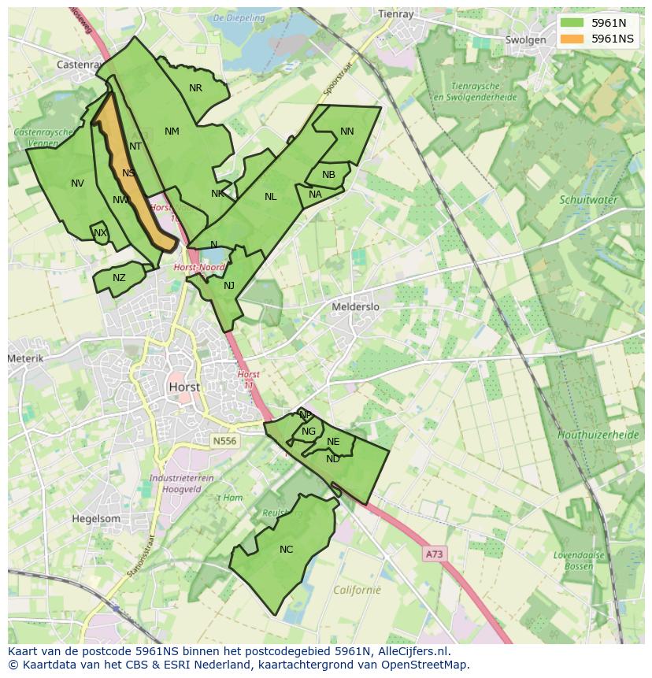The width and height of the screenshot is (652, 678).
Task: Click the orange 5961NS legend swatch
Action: (x=572, y=39)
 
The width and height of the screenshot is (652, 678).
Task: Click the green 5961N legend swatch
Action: (x=572, y=23)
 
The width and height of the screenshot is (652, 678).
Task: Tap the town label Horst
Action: (x=183, y=387)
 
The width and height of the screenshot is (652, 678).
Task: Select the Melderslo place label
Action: (x=355, y=306)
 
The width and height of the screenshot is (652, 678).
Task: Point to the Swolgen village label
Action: (x=525, y=40)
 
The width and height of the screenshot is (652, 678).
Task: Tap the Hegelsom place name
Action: (x=96, y=519)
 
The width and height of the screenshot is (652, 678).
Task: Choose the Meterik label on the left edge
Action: (x=26, y=358)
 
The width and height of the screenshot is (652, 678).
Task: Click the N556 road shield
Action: (x=224, y=442)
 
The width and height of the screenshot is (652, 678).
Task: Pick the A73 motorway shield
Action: (x=434, y=554)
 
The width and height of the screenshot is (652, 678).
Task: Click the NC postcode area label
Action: (x=286, y=549)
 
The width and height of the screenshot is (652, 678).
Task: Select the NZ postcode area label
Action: (x=119, y=278)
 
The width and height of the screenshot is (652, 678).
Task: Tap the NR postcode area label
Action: (x=195, y=88)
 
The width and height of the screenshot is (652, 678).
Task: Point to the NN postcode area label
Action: (x=346, y=132)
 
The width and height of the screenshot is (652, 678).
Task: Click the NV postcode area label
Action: (x=77, y=183)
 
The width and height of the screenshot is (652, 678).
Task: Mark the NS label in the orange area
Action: (x=128, y=173)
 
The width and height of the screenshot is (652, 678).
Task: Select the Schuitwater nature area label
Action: (x=588, y=200)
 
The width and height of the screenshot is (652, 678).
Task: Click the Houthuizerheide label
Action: (x=598, y=435)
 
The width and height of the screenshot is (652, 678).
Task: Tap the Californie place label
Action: (x=357, y=590)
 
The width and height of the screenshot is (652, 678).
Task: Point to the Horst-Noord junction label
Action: (x=198, y=268)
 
